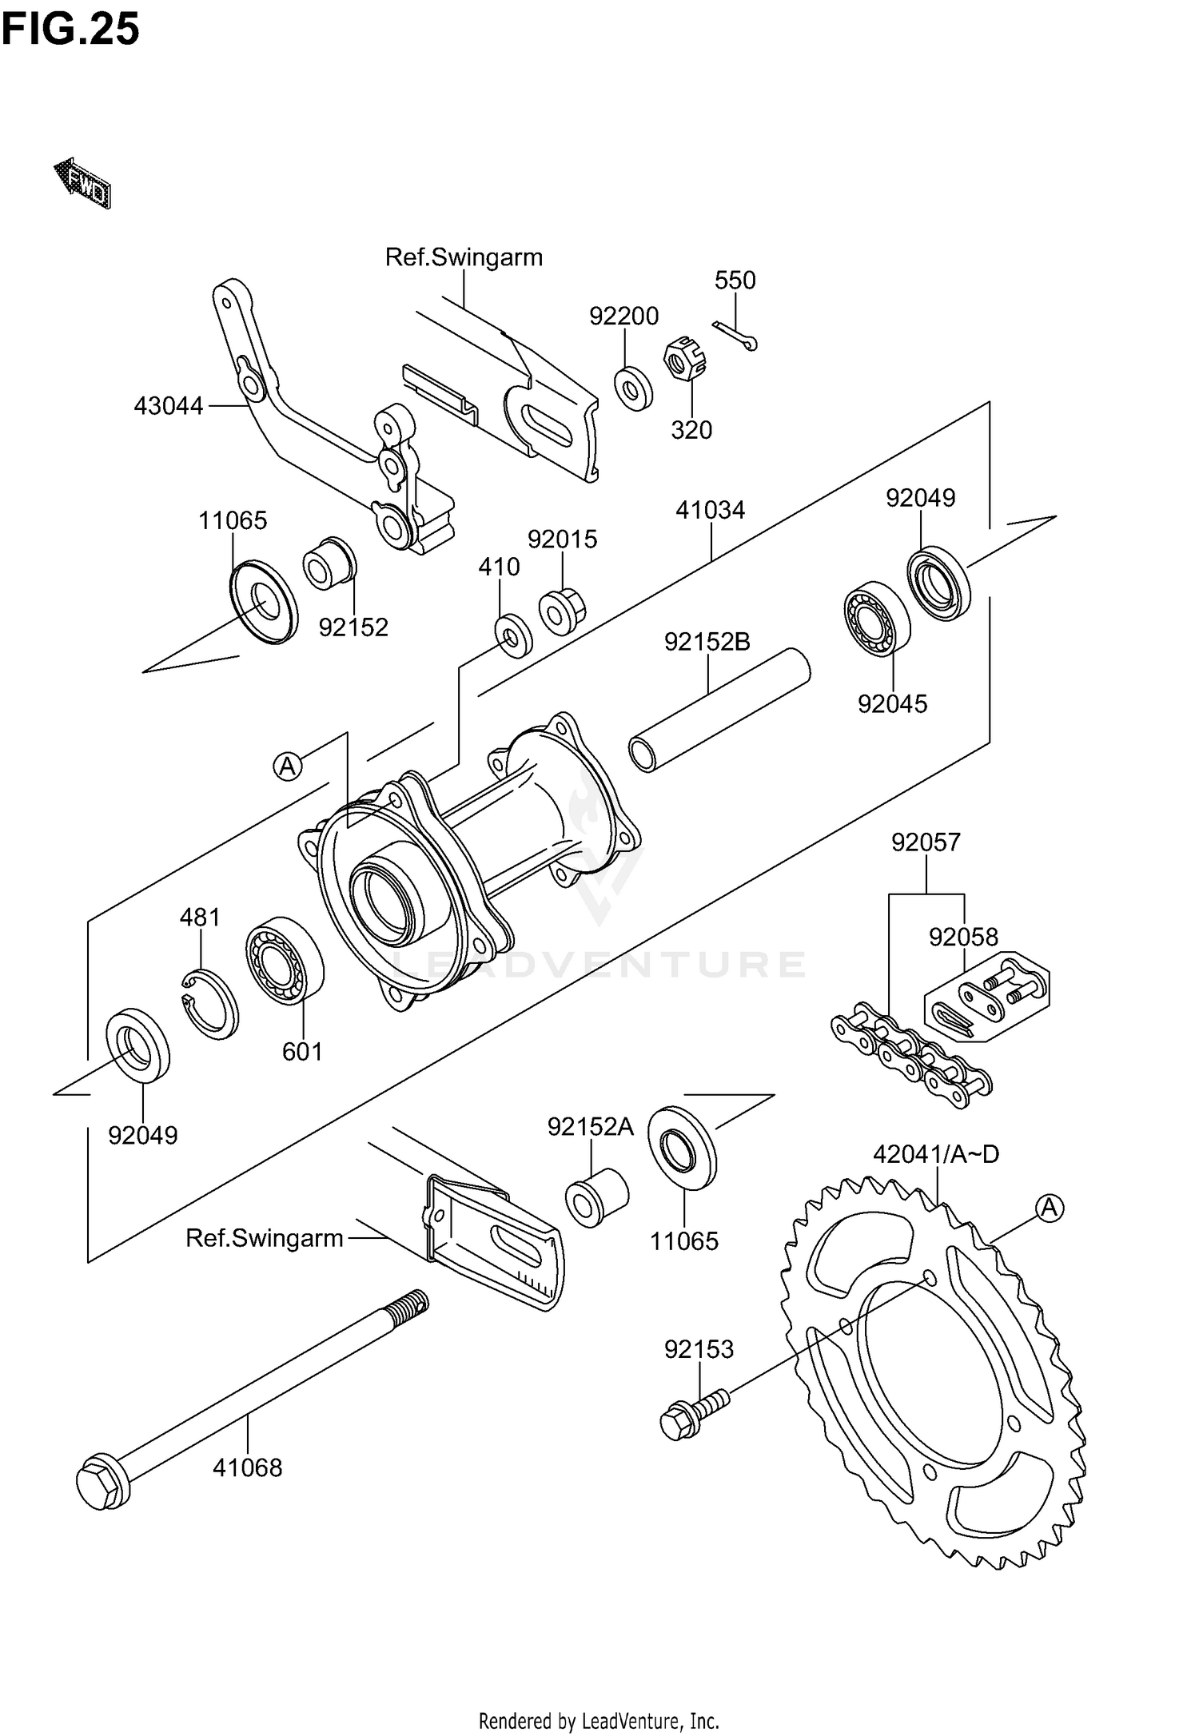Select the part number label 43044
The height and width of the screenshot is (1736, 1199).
[x=169, y=406]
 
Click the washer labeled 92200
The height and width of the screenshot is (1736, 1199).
[x=633, y=388]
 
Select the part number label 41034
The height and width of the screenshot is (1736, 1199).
[x=710, y=510]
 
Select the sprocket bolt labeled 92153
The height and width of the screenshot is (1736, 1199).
[x=693, y=1415]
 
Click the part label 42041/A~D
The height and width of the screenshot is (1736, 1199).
[x=936, y=1154]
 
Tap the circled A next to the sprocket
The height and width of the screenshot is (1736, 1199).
[x=1050, y=1208]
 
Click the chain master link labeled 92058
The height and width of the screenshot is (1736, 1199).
[x=987, y=997]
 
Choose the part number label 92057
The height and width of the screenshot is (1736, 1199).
[x=926, y=842]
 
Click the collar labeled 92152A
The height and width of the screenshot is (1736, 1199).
[x=596, y=1196]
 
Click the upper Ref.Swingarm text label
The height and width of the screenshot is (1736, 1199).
[x=464, y=257]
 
